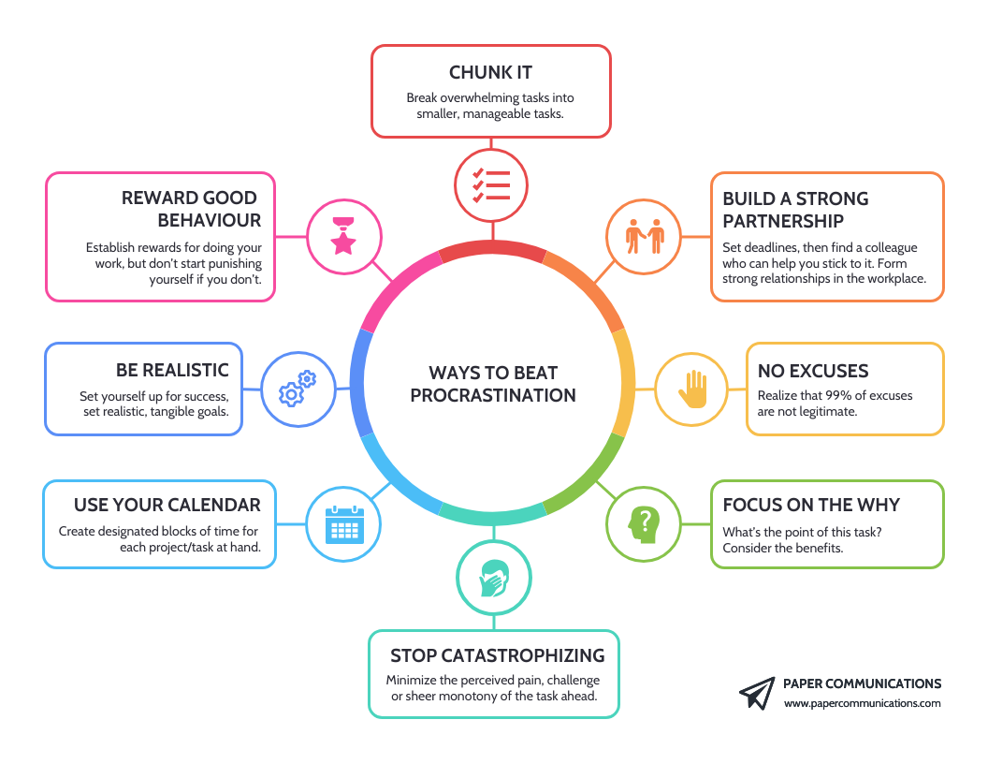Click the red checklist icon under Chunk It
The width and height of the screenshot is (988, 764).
tap(492, 185)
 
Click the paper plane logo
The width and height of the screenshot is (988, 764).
tap(757, 693)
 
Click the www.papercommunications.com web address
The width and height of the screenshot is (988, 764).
tap(862, 703)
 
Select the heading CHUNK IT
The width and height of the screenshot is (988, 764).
tap(491, 73)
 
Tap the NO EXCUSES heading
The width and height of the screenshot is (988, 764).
tap(813, 371)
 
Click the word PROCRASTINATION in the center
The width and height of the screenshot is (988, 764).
tap(493, 395)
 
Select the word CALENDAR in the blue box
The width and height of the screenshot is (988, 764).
tap(214, 505)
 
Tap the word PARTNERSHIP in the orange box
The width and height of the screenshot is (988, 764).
tap(783, 221)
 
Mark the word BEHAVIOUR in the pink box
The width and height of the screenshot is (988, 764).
tap(209, 221)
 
